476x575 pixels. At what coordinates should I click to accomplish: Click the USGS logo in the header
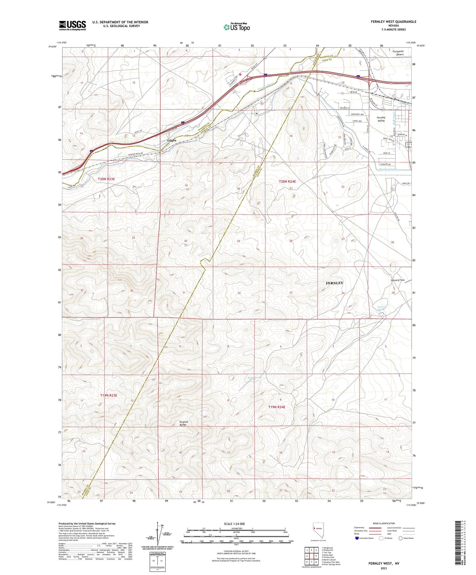72,25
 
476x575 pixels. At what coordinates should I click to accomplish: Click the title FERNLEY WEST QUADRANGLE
393,22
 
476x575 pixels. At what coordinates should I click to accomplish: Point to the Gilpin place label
172,141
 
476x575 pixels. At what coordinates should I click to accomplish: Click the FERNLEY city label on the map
334,283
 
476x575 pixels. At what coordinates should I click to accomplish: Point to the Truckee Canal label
388,169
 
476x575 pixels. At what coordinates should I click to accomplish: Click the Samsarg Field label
397,280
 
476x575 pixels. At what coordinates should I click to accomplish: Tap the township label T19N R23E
109,395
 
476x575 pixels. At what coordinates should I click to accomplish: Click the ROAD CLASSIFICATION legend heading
384,523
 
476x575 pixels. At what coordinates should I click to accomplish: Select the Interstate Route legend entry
364,538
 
